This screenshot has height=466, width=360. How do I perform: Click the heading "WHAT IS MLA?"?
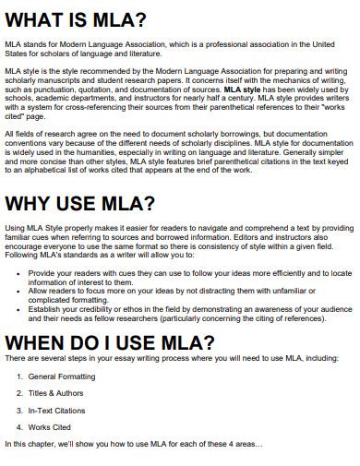pos(78,18)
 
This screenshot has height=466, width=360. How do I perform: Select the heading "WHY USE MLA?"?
pos(81,203)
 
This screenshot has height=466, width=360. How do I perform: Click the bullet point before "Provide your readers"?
pos(19,274)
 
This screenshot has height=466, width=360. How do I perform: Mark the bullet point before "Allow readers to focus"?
pos(19,291)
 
